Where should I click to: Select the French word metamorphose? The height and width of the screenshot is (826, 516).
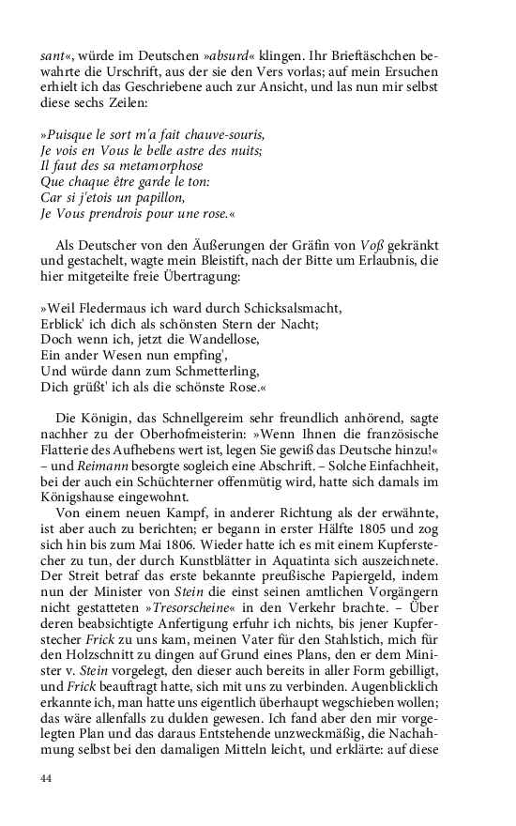(155, 166)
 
